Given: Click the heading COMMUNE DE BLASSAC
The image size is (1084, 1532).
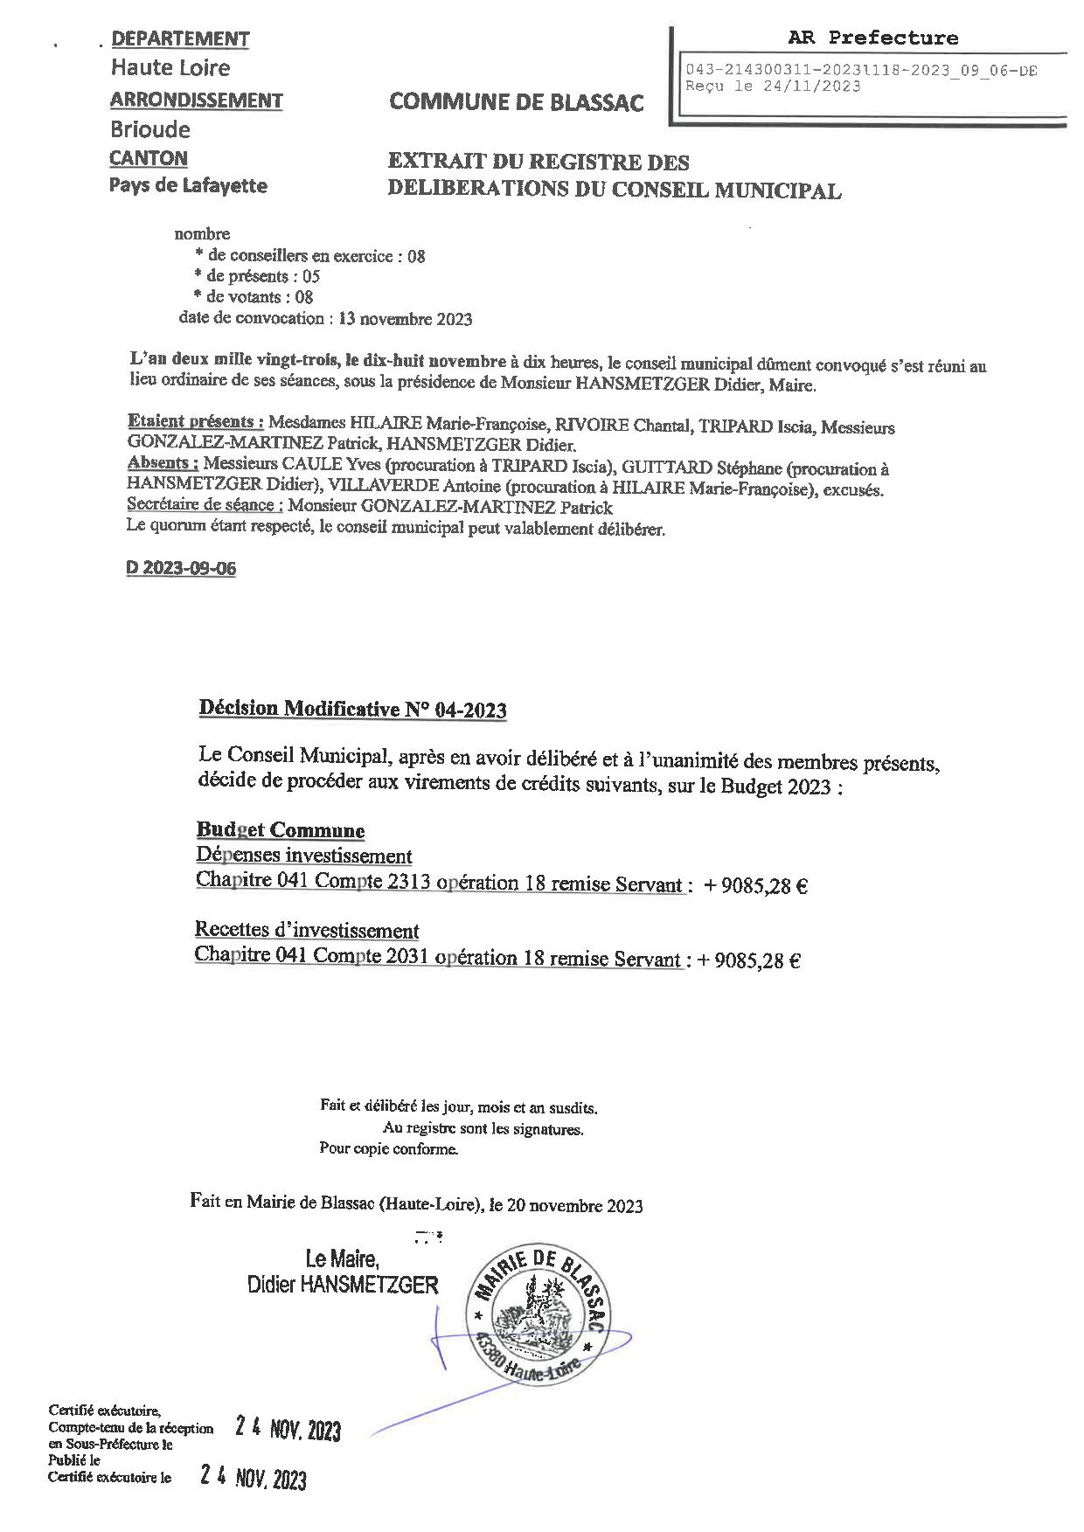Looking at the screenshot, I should [x=516, y=103].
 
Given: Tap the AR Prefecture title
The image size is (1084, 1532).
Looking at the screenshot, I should [x=872, y=38].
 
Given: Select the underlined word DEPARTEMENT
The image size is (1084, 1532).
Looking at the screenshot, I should [x=181, y=39].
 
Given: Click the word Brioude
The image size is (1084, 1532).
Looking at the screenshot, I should [x=149, y=130].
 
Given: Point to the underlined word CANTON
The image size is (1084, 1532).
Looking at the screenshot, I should [x=149, y=158].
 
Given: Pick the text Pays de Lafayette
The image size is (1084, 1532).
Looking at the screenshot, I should [x=188, y=185].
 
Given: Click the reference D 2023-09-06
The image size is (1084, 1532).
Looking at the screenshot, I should [x=181, y=568].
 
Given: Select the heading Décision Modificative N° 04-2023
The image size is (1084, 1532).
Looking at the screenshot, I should [x=353, y=709].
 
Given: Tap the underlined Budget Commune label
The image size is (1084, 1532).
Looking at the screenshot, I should [x=280, y=830].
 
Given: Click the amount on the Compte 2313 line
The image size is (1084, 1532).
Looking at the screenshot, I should [x=754, y=886].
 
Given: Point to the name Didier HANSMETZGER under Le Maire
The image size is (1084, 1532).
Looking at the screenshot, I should [x=343, y=1285].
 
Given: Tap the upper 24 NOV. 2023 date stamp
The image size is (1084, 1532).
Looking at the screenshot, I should [x=288, y=1430].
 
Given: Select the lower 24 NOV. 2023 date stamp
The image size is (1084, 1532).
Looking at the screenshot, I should [x=254, y=1479].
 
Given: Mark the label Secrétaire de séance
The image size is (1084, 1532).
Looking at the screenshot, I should [x=205, y=505].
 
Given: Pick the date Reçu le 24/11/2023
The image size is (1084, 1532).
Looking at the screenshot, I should [x=773, y=87].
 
